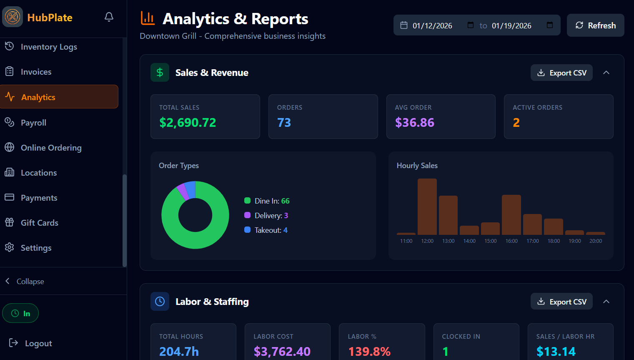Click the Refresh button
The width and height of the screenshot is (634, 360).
tap(595, 25)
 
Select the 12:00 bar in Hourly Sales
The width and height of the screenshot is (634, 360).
tap(427, 206)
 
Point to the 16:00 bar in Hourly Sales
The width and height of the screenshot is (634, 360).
tap(511, 215)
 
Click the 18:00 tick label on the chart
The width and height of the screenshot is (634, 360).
tap(554, 241)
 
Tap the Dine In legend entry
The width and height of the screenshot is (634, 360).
tap(267, 201)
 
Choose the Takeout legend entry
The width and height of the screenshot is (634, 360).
tap(266, 230)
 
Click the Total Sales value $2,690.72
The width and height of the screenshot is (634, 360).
tap(188, 123)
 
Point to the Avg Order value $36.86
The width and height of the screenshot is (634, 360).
tap(414, 123)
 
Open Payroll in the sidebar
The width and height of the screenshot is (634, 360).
tap(33, 123)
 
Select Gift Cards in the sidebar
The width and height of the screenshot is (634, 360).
tap(39, 223)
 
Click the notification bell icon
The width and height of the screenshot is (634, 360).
tap(109, 17)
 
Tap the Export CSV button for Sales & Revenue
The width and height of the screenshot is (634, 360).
tap(561, 73)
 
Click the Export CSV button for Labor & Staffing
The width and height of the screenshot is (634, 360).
tap(561, 302)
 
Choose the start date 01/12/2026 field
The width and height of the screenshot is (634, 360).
tap(432, 25)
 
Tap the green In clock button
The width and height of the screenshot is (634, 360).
tap(20, 313)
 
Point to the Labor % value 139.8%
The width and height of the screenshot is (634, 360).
tap(369, 351)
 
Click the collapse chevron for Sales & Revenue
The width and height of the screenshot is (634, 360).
tap(606, 73)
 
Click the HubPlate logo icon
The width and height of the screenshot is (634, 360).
tap(13, 17)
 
